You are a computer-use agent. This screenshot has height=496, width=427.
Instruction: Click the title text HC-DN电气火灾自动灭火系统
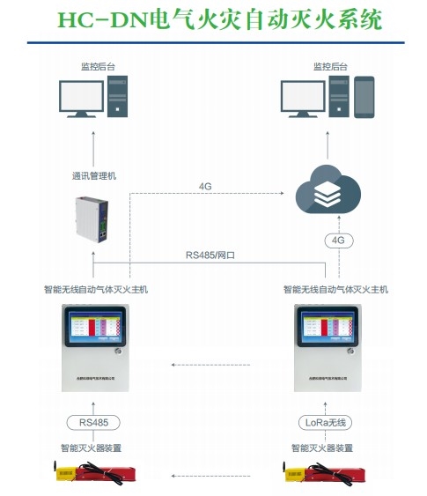(x=214, y=20)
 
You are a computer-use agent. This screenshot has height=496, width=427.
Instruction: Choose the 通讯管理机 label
(x=93, y=175)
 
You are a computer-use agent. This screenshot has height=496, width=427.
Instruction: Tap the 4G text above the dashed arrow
(x=205, y=187)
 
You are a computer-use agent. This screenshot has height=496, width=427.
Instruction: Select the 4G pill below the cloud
(x=338, y=240)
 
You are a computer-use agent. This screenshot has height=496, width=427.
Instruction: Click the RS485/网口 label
(x=210, y=255)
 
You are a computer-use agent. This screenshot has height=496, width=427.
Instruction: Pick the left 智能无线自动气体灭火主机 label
(x=96, y=288)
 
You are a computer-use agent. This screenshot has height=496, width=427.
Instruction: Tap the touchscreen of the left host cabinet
(x=95, y=332)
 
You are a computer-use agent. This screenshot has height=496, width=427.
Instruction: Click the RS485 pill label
(x=95, y=421)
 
